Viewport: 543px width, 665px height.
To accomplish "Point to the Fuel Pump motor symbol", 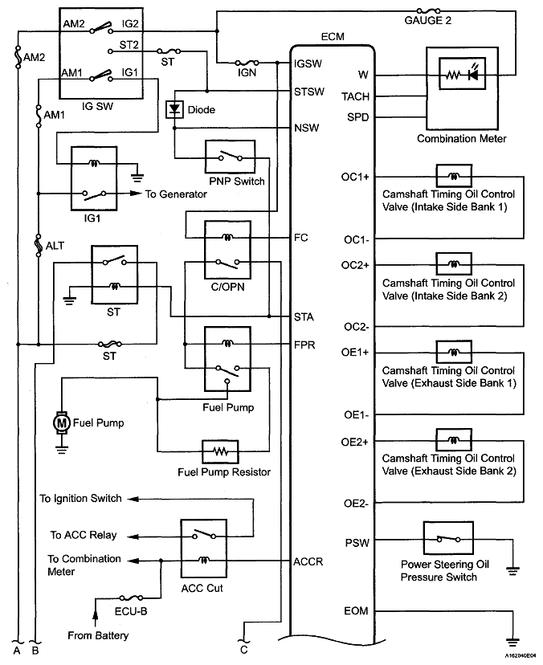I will [x=62, y=420].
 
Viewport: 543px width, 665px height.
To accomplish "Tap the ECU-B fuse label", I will [x=131, y=611].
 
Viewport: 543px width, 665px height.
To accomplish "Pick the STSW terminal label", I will [x=309, y=92].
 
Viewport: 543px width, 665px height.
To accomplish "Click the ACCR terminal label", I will [x=308, y=561].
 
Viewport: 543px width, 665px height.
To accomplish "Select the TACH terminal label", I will [x=356, y=96].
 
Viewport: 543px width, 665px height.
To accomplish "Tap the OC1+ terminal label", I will [x=355, y=176].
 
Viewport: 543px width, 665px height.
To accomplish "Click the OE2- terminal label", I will [x=355, y=504].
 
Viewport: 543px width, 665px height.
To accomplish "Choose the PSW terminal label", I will [x=357, y=543].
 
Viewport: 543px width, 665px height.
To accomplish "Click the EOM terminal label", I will [x=356, y=611].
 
